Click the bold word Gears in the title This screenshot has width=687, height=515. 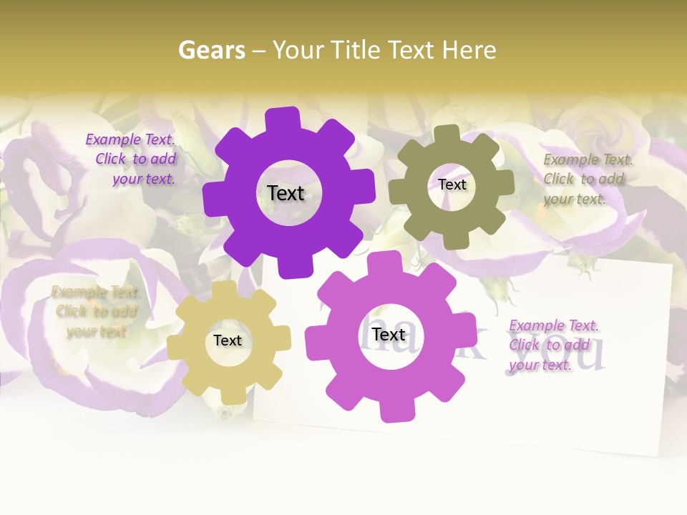click(211, 50)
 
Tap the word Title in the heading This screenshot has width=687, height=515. click(356, 50)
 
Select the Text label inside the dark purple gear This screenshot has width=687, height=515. click(286, 193)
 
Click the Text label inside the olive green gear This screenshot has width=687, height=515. click(452, 185)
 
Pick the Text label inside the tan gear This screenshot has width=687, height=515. click(228, 341)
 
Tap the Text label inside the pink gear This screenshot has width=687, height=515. click(389, 335)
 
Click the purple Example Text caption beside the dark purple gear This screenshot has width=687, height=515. click(132, 160)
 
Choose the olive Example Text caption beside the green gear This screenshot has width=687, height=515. click(587, 179)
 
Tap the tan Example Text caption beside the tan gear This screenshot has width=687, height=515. click(96, 312)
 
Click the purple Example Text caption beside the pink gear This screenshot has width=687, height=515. click(552, 345)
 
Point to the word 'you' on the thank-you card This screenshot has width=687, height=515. click(575, 354)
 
